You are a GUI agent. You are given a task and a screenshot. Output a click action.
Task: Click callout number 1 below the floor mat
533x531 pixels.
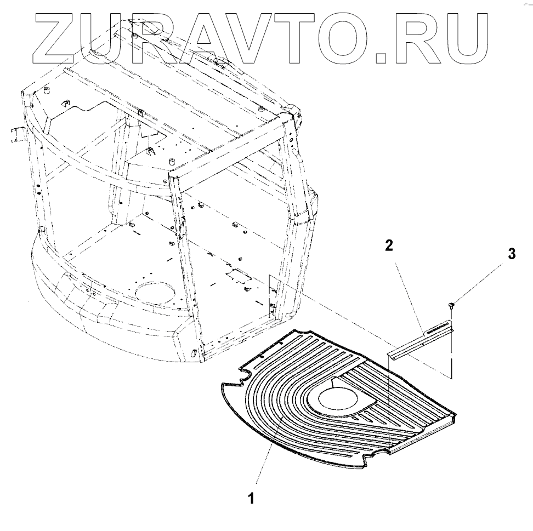pyautogui.click(x=251, y=499)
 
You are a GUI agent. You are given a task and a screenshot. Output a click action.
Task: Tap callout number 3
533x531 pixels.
pyautogui.click(x=511, y=254)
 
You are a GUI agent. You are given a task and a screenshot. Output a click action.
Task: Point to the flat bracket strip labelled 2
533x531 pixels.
pyautogui.click(x=422, y=341)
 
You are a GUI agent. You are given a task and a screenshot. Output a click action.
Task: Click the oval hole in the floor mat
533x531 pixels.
pyautogui.click(x=336, y=398)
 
